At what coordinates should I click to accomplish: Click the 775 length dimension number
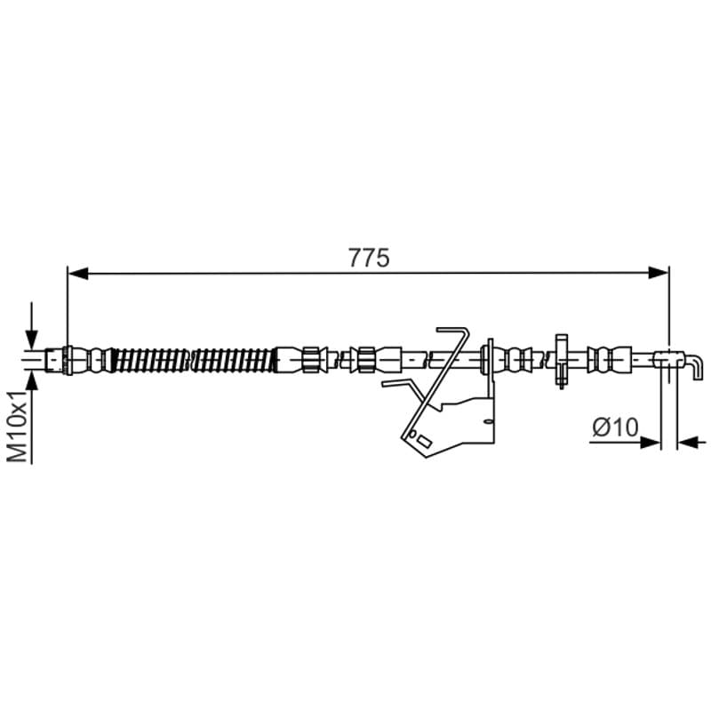(369, 258)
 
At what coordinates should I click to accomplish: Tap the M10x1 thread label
(19, 427)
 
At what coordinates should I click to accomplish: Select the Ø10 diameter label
(615, 427)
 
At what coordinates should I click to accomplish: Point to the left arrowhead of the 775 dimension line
(77, 274)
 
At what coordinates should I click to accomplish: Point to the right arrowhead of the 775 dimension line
(659, 273)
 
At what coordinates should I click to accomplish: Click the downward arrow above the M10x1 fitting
(31, 324)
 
